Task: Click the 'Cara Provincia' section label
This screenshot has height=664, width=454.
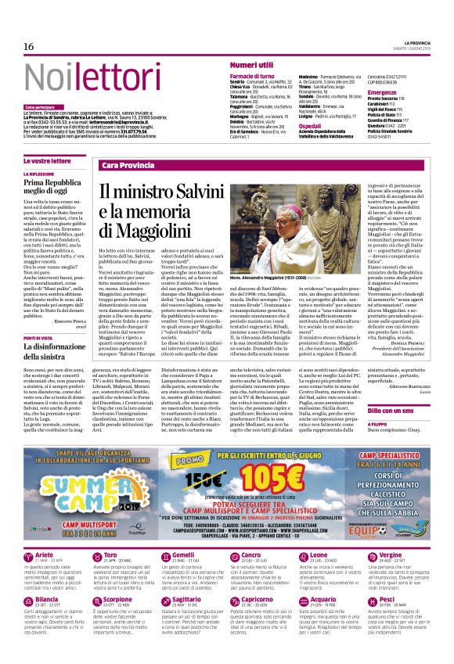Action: (128, 165)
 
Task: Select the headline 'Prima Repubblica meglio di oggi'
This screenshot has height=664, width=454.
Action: (50, 186)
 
